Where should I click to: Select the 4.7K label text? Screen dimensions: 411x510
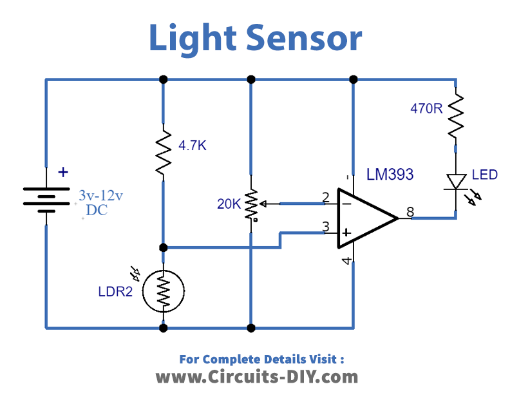[x=191, y=146]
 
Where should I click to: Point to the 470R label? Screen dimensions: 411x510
[x=426, y=108]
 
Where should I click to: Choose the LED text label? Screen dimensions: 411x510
[x=484, y=175]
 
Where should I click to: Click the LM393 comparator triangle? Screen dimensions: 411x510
[x=364, y=218]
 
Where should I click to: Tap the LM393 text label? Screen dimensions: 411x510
[x=390, y=175]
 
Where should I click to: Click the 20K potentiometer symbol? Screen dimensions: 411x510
[x=251, y=204]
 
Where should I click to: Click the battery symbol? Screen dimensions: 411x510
[x=46, y=196]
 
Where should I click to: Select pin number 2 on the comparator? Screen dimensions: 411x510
[x=326, y=196]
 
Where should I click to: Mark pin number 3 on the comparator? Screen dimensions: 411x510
[x=326, y=227]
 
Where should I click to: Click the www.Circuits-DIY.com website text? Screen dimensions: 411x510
[x=256, y=376]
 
